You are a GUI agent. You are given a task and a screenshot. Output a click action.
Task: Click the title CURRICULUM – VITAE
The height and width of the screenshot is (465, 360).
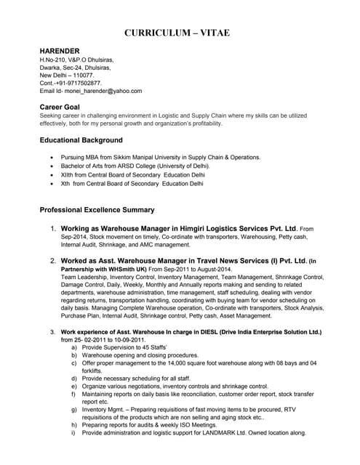180,33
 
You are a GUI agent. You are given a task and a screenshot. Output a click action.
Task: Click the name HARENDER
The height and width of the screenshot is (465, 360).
60,51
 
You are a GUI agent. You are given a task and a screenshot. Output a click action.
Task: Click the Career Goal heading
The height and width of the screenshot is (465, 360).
59,108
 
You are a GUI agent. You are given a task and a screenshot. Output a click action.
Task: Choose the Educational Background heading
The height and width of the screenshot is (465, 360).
81,140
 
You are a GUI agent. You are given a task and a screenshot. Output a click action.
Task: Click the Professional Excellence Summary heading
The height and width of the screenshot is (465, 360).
97,210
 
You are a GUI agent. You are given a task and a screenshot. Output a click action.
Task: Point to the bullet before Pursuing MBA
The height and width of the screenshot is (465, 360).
50,158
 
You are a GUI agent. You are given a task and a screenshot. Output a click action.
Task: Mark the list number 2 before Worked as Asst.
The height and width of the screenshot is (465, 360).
53,260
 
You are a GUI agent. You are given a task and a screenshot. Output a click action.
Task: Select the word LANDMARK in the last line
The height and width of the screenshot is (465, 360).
215,432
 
